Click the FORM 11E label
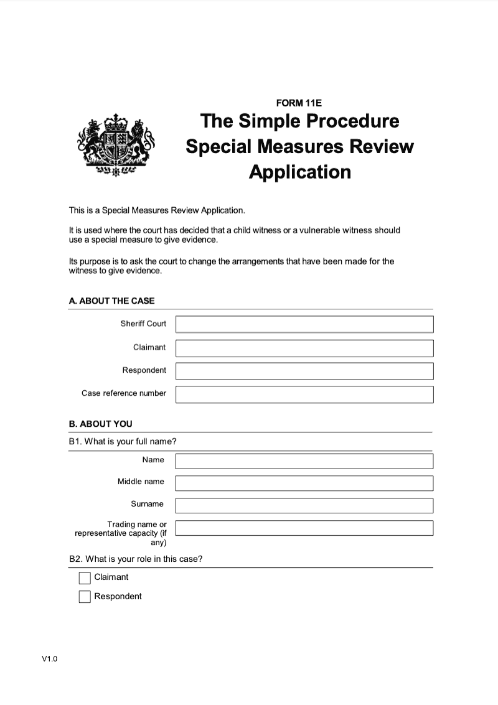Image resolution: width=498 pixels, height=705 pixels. coord(299,103)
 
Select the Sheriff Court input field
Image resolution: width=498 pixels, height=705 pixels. coord(304,324)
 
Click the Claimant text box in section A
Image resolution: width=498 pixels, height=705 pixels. coord(304,348)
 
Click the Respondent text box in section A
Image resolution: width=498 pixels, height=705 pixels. coord(304,371)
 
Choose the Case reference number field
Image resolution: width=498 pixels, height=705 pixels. coord(304,395)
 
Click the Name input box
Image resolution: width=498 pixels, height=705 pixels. coord(304,460)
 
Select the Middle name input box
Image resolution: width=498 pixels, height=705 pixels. coord(304,483)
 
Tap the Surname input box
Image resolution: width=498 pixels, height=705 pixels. coord(304,505)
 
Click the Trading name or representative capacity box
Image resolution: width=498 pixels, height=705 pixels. coord(304,528)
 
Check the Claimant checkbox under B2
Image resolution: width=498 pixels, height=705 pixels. coord(85,578)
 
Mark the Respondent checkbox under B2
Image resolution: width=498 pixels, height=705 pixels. coord(85,597)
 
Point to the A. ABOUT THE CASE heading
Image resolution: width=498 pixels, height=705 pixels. coord(111,301)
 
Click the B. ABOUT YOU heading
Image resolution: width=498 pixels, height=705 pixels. coord(100,424)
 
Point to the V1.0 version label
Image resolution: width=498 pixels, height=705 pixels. coord(49,660)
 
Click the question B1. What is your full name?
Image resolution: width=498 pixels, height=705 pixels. coord(123,442)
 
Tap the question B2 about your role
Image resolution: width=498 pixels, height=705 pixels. coord(135,559)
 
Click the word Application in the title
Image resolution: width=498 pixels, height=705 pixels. coord(299,172)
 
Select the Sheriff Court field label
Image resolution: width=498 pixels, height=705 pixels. coord(143,324)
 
